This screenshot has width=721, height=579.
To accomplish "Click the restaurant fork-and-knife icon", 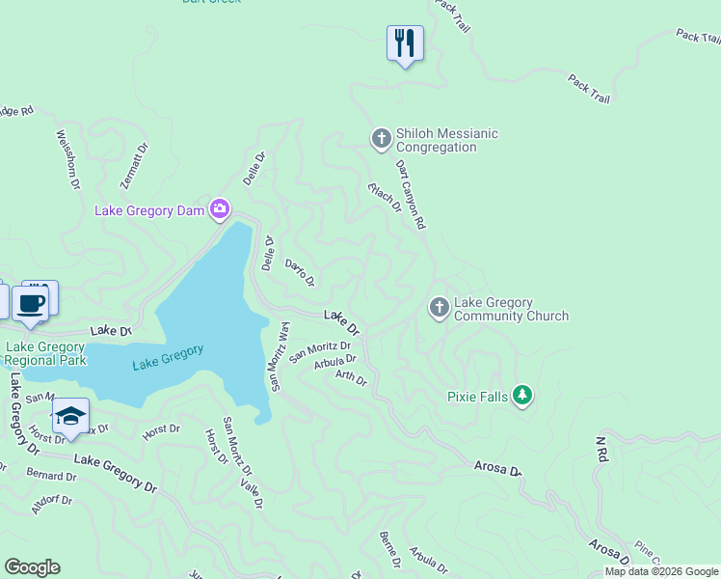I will [x=405, y=43].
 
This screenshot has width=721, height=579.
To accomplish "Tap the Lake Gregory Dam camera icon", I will [x=221, y=209].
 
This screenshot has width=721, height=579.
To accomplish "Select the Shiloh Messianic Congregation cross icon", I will [x=381, y=140].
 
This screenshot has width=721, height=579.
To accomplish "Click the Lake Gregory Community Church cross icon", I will [x=439, y=308].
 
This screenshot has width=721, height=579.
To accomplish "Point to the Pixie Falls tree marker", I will [x=522, y=396].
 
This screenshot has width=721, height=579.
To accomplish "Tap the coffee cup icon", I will [x=30, y=303].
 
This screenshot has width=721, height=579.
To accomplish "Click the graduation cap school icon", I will [x=70, y=416].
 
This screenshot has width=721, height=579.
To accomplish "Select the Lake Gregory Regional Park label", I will [x=45, y=353].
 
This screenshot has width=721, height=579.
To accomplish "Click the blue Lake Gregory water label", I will [x=168, y=357].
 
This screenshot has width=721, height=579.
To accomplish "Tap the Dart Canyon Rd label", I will [x=411, y=193].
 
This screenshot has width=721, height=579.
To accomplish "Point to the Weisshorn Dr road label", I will [x=66, y=159].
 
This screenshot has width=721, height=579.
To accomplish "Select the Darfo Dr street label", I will [x=300, y=272].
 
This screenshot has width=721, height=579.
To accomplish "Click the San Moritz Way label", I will [x=280, y=355].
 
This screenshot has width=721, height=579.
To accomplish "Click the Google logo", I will [x=32, y=567].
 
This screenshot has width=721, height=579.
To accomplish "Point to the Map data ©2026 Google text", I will [x=661, y=571].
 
